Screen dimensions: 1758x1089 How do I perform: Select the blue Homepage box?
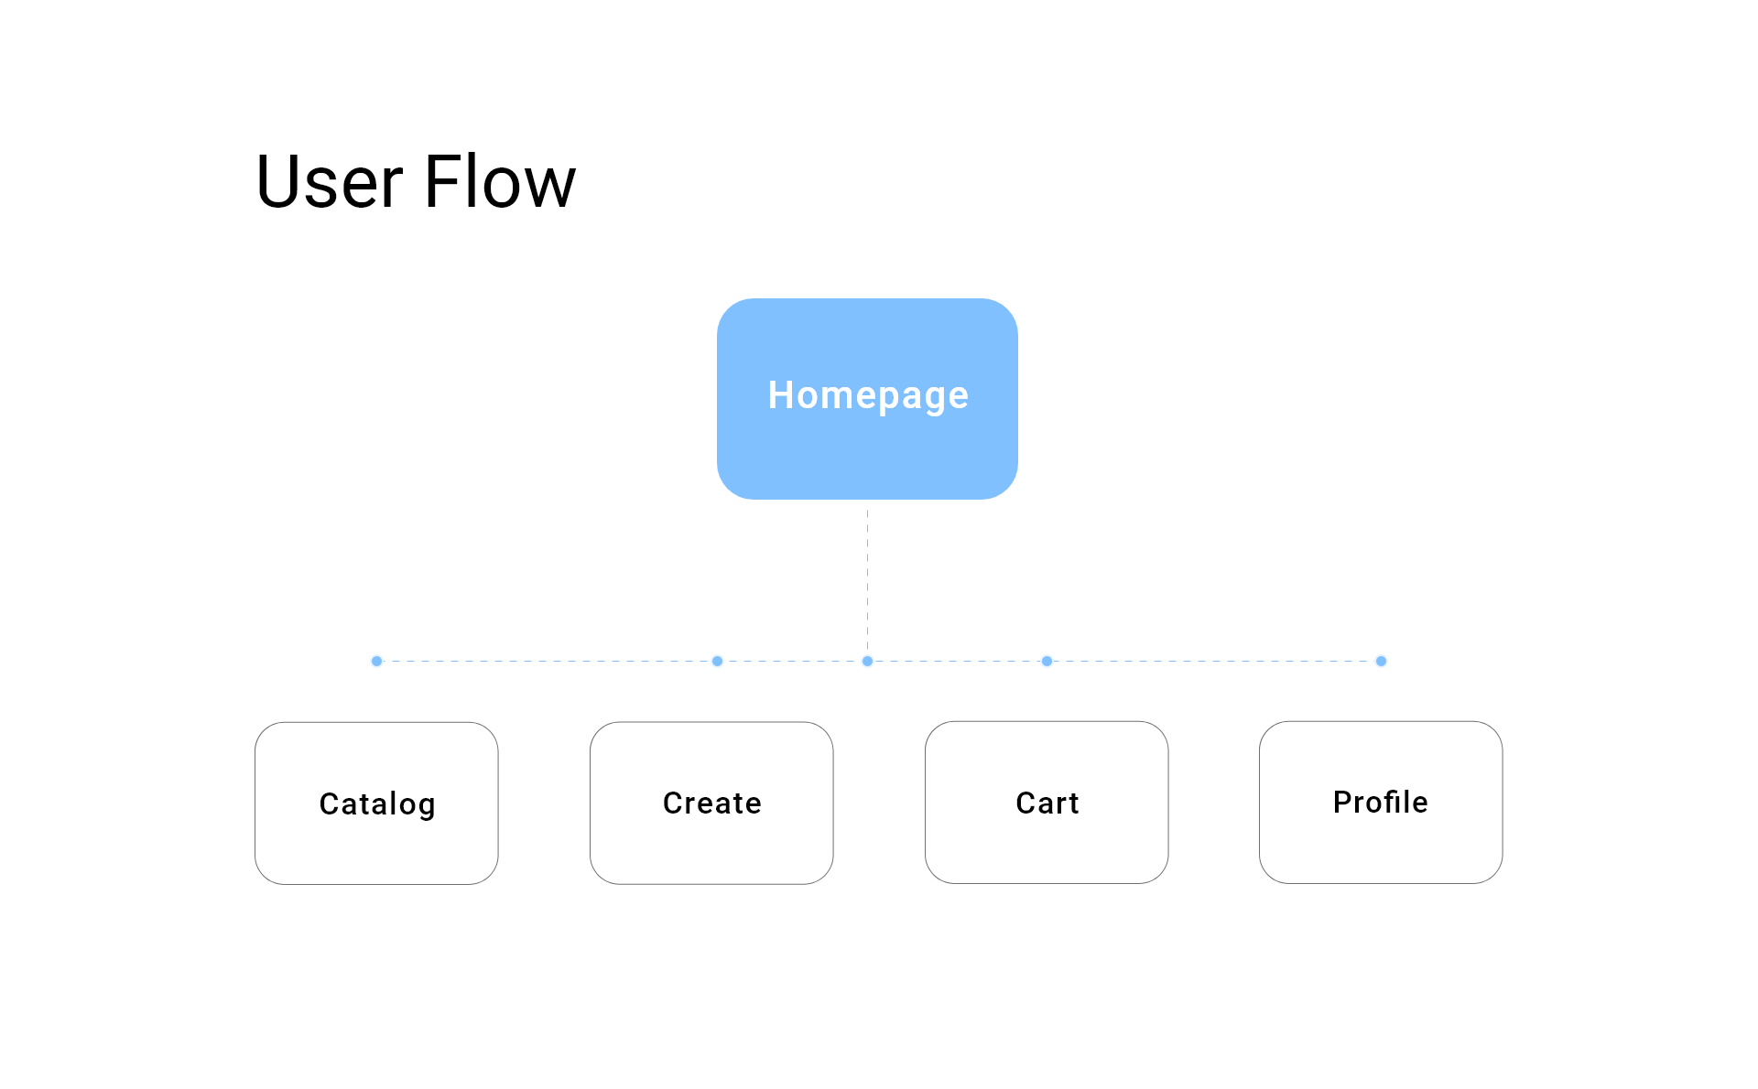[867, 398]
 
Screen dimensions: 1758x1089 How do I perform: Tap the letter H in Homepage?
[780, 395]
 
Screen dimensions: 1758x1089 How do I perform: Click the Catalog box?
[376, 803]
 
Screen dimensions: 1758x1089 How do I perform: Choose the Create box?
[711, 803]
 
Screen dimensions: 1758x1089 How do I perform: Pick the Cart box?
[1047, 802]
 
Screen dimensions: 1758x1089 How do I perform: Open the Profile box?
[1381, 802]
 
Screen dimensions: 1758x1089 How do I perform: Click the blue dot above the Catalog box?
[376, 661]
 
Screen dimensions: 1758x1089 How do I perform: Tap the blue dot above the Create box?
[717, 661]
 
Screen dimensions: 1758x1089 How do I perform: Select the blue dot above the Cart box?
[1047, 661]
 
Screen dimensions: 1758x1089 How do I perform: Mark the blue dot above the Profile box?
[1381, 661]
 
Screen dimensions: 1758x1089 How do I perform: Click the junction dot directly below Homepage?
[867, 661]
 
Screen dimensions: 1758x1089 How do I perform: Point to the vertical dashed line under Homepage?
[867, 582]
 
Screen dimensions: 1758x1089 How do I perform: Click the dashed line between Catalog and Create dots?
[547, 661]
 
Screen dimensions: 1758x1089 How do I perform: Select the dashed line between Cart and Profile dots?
[1213, 661]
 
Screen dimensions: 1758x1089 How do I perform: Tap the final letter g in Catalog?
[426, 807]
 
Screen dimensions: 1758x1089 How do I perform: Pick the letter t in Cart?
[1073, 803]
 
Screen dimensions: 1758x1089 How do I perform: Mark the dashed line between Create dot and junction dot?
[792, 661]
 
